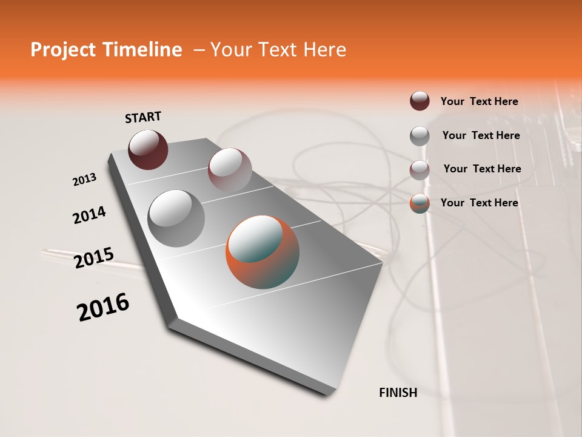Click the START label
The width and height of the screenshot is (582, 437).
pyautogui.click(x=143, y=117)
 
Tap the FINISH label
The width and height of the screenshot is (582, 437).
pyautogui.click(x=398, y=393)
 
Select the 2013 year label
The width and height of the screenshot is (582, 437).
pyautogui.click(x=85, y=180)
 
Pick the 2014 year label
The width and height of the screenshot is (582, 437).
pyautogui.click(x=90, y=215)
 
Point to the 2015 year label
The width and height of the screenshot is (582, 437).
pyautogui.click(x=94, y=258)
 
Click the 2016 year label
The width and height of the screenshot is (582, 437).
pyautogui.click(x=103, y=307)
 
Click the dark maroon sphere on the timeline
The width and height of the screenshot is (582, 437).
pyautogui.click(x=148, y=149)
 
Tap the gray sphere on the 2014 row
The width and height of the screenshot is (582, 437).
pyautogui.click(x=176, y=218)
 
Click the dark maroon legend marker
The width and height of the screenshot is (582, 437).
pyautogui.click(x=420, y=101)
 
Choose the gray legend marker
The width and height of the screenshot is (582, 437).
pyautogui.click(x=420, y=136)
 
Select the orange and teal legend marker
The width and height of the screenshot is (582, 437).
pyautogui.click(x=420, y=203)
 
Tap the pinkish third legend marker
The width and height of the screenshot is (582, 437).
pyautogui.click(x=420, y=169)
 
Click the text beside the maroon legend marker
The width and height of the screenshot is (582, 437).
pyautogui.click(x=479, y=101)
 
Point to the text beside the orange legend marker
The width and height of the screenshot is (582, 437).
pyautogui.click(x=479, y=203)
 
